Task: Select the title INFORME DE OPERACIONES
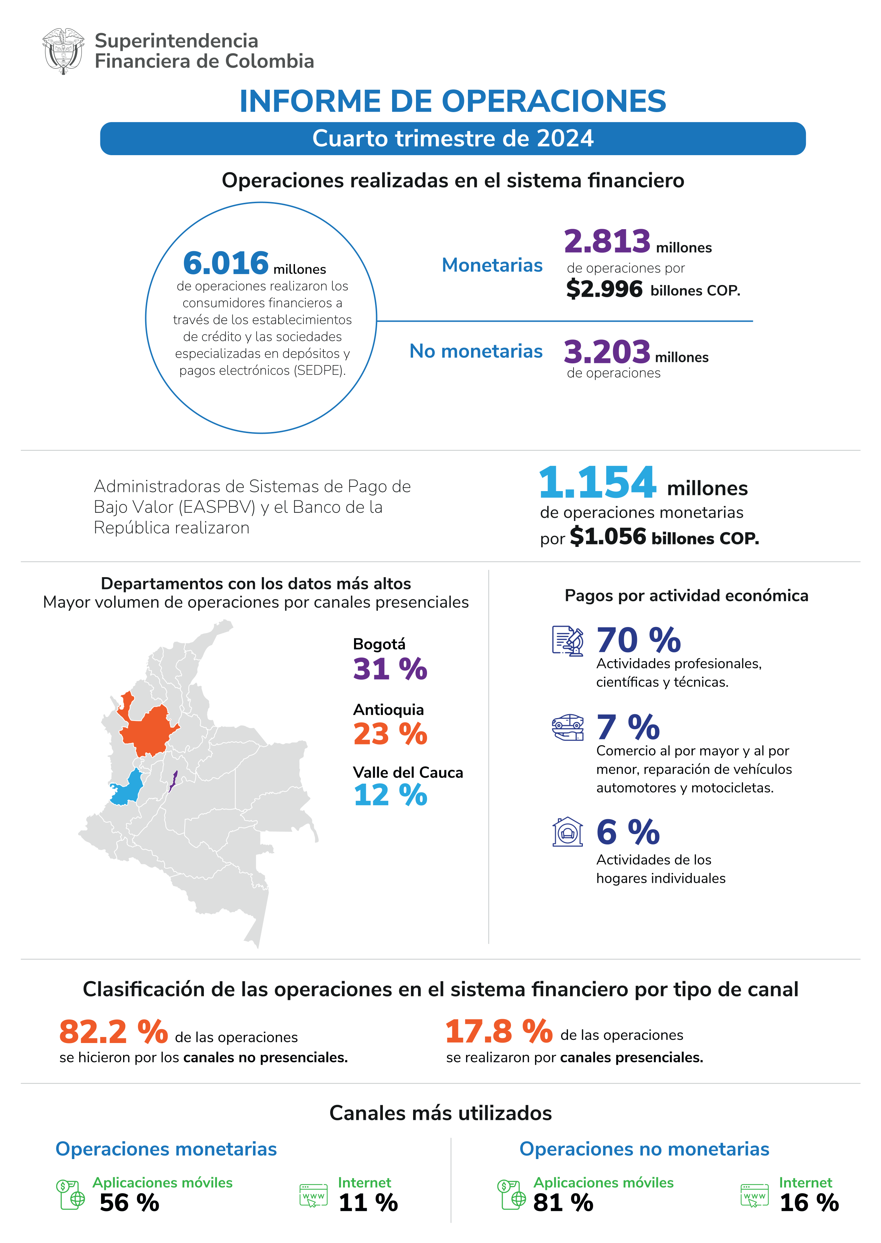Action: pyautogui.click(x=453, y=101)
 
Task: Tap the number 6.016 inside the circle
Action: pyautogui.click(x=226, y=263)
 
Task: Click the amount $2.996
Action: pyautogui.click(x=604, y=289)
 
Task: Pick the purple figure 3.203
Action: pyautogui.click(x=607, y=352)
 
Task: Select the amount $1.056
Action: pyautogui.click(x=608, y=537)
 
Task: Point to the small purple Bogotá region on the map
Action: pyautogui.click(x=173, y=781)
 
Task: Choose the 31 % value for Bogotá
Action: pyautogui.click(x=390, y=669)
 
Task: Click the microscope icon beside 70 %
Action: pyautogui.click(x=568, y=641)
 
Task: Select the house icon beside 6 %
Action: pyautogui.click(x=568, y=832)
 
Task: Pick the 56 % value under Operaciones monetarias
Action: pyautogui.click(x=129, y=1203)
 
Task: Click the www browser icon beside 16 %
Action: pyautogui.click(x=754, y=1195)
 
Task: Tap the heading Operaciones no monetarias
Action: pyautogui.click(x=644, y=1149)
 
